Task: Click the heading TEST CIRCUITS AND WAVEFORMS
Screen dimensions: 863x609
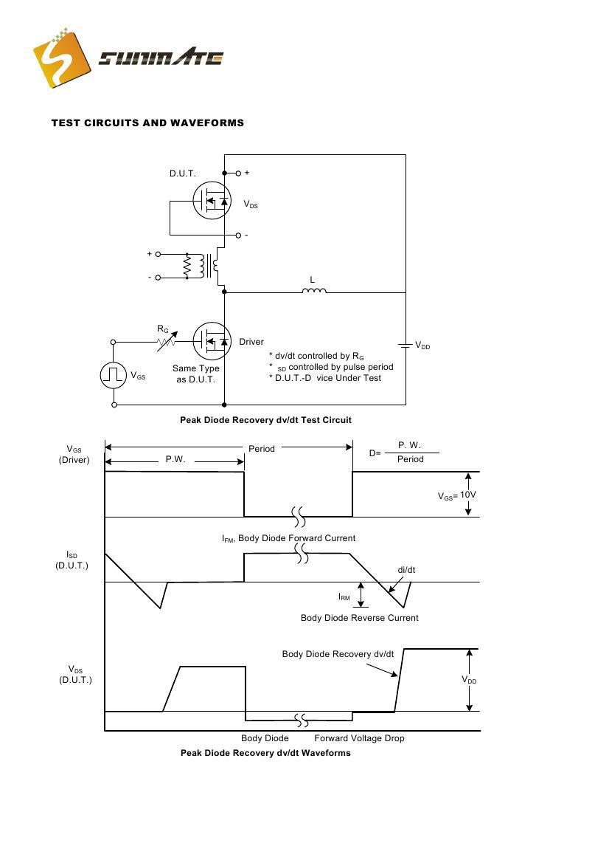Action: click(x=147, y=123)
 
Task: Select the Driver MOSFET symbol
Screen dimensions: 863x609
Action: click(x=212, y=340)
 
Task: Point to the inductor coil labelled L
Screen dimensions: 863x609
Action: click(x=314, y=290)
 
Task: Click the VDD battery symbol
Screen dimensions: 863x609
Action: click(x=405, y=345)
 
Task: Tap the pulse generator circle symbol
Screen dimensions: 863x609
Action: click(x=114, y=375)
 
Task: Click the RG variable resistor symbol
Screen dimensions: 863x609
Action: click(x=167, y=341)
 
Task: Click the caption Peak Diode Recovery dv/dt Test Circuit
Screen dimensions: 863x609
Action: click(x=265, y=420)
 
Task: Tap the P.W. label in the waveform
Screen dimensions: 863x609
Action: click(x=175, y=459)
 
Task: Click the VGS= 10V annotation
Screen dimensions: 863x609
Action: click(x=456, y=495)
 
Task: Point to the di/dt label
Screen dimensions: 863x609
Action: click(x=406, y=570)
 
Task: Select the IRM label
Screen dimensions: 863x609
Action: click(x=344, y=596)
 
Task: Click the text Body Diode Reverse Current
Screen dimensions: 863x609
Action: click(x=359, y=618)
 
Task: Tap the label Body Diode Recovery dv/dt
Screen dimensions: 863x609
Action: click(x=338, y=654)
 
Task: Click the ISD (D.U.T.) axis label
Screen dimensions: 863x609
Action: click(x=72, y=560)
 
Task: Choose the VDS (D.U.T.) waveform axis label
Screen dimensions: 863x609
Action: click(x=75, y=675)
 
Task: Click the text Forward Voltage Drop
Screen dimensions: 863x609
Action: click(x=359, y=738)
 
